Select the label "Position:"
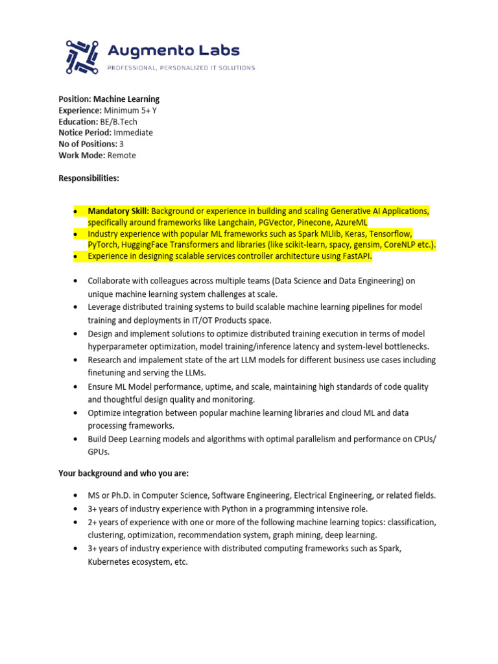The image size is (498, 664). (75, 99)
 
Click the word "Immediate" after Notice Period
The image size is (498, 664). (134, 132)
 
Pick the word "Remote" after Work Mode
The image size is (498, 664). (122, 155)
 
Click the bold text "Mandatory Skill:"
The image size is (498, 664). (118, 211)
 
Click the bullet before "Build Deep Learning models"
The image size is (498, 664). (75, 440)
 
